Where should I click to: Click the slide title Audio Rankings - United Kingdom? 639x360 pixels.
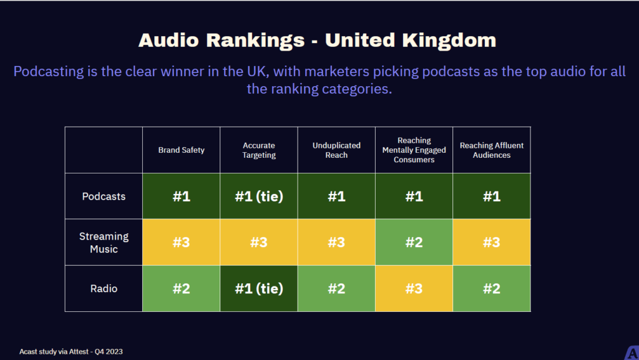coord(317,40)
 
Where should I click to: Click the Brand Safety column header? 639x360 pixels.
coord(181,150)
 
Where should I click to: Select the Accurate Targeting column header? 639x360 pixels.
coord(258,150)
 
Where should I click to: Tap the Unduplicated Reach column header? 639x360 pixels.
coord(336,150)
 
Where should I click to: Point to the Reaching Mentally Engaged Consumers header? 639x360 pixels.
coord(414,150)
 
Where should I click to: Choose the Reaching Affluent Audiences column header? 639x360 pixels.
coord(492,150)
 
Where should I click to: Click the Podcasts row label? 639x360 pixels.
coord(104,197)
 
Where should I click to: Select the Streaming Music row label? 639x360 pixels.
coord(104,243)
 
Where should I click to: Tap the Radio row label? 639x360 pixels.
coord(104,289)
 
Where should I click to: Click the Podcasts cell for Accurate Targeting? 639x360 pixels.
coord(258,197)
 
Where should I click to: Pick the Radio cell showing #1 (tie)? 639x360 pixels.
coord(258,289)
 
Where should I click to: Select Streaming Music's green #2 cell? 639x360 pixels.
coord(414,243)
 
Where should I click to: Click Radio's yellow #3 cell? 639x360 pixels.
coord(414,289)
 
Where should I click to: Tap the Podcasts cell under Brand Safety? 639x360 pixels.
coord(181,197)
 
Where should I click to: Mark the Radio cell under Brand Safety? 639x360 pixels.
coord(181,289)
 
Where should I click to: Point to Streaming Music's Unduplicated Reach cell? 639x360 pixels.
coord(336,243)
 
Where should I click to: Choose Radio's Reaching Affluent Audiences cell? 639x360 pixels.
coord(492,289)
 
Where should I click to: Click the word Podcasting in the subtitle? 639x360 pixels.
coord(48,71)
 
